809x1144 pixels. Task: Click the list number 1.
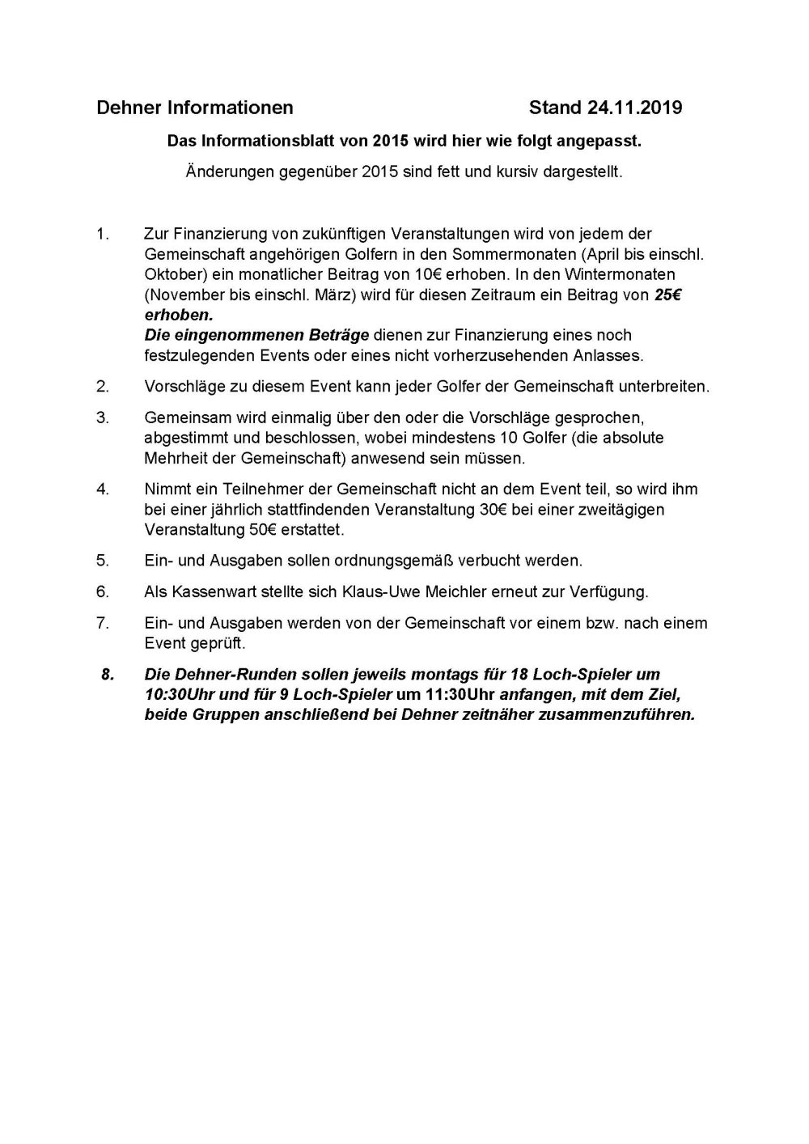102,235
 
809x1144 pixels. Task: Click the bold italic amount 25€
666,294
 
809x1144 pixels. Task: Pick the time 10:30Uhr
180,694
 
